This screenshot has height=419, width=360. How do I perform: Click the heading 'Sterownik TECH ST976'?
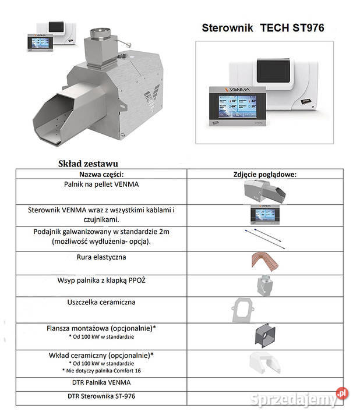(x=263, y=27)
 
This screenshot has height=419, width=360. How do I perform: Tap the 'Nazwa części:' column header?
(x=101, y=173)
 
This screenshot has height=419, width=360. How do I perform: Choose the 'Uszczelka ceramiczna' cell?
(x=101, y=303)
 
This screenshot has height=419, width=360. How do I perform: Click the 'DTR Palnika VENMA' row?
(x=101, y=382)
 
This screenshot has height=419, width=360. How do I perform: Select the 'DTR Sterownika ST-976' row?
(x=101, y=396)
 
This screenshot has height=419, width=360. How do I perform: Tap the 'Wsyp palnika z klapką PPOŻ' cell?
(x=101, y=280)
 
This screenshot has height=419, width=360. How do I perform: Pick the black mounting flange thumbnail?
(x=264, y=336)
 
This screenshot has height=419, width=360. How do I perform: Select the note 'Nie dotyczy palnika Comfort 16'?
(x=101, y=371)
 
